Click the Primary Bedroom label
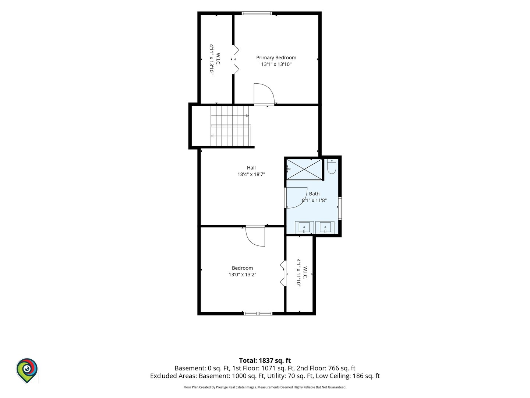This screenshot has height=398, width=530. pos(276,58)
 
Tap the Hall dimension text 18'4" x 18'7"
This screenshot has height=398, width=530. pos(251,174)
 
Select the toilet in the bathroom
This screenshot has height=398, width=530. pos(332,166)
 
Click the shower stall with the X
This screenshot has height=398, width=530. pos(304,170)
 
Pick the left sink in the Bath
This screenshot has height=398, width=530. pos(304,227)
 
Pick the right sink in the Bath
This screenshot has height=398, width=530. pos(325,227)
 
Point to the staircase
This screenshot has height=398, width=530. pos(231,126)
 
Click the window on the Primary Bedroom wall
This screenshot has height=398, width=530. pos(257,13)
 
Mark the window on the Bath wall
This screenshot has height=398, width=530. pos(340,208)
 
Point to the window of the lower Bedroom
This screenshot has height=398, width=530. pos(258,314)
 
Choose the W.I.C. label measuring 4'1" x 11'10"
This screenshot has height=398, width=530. pos(302,273)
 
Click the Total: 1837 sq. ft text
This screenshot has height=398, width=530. pos(265,360)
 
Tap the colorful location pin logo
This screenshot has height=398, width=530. pos(27,370)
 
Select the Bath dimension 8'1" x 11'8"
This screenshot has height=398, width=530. pos(314,200)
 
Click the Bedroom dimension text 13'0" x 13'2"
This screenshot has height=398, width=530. pos(243,275)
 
